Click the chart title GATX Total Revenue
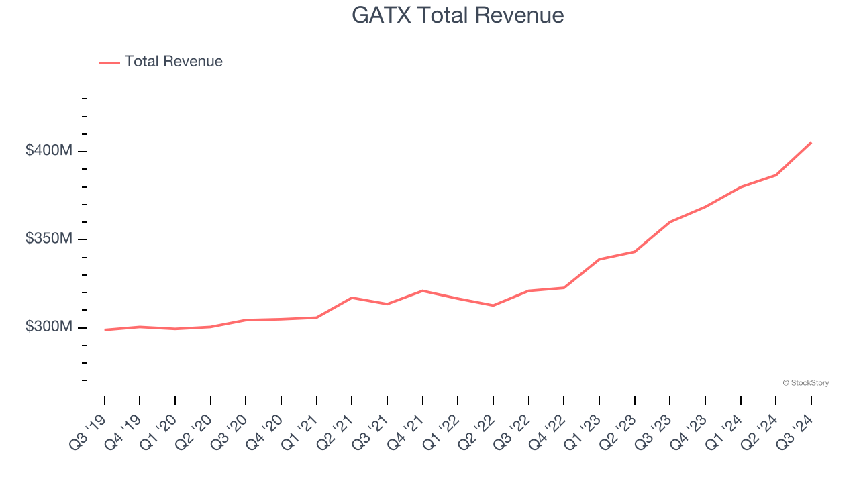click(458, 15)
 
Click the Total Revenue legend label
click(173, 62)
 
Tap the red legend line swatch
click(109, 62)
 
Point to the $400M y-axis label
click(48, 151)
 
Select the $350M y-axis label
click(48, 239)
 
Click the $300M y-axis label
click(48, 327)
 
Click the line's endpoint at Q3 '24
click(811, 142)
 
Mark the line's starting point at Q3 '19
click(105, 329)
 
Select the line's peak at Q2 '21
click(352, 297)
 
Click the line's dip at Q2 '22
click(493, 305)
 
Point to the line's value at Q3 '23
click(670, 222)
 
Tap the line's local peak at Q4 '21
click(423, 290)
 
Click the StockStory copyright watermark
click(805, 383)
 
